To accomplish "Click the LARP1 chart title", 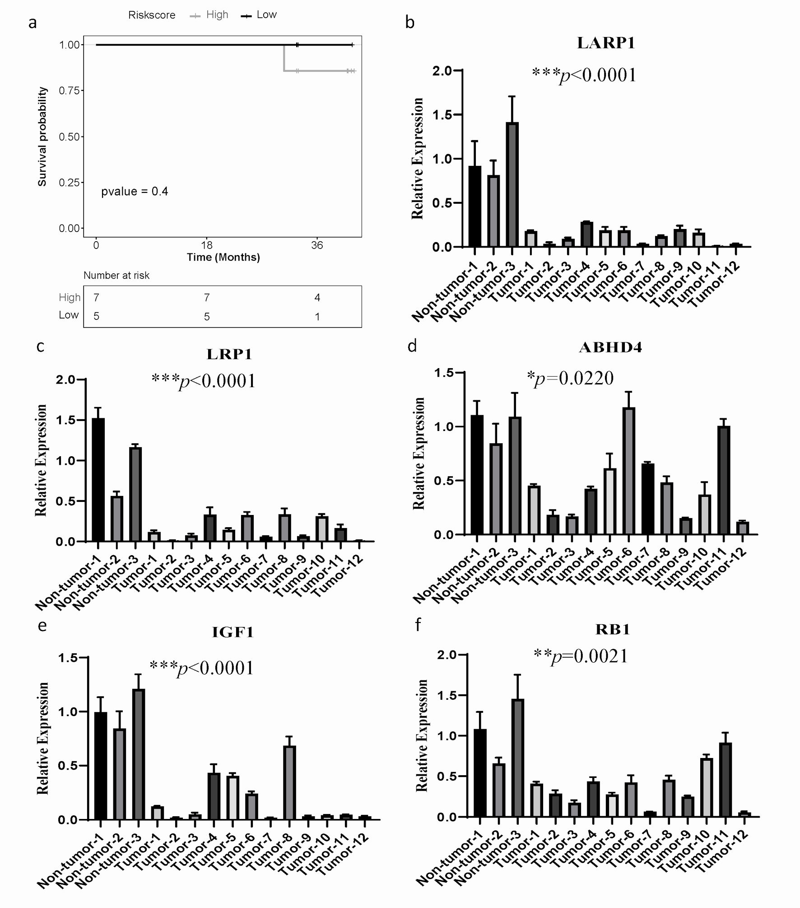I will click(606, 43).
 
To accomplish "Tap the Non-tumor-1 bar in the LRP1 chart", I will click(98, 479).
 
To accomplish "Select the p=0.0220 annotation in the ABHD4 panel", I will click(571, 378).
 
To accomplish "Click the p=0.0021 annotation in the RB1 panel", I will click(581, 656).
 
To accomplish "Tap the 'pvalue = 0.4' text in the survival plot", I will click(135, 192).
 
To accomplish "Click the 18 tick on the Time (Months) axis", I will click(207, 245).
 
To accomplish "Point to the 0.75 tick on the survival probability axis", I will click(69, 91).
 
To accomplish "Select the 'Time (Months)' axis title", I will click(223, 257).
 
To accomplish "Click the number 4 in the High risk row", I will click(317, 298).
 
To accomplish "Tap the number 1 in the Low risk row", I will click(317, 317).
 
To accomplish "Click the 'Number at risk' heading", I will click(116, 276).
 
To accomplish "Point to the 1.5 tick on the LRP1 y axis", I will click(66, 420).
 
